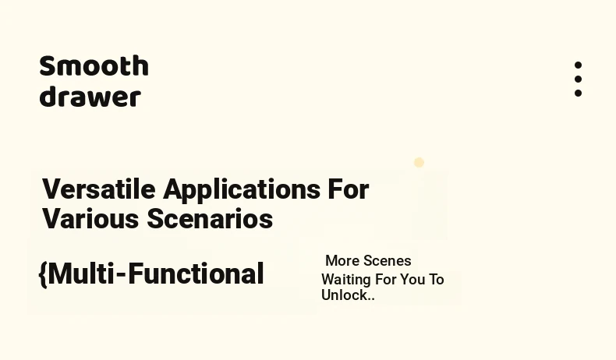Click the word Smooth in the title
(94, 65)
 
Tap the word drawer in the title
(90, 96)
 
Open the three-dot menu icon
(578, 79)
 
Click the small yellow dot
(419, 163)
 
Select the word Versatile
(98, 189)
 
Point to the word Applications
(242, 190)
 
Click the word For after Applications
(349, 189)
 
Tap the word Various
(90, 219)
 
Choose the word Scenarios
(210, 219)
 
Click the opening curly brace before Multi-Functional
(43, 274)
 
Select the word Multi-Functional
(156, 274)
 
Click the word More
(342, 261)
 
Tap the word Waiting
(346, 281)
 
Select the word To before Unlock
(436, 280)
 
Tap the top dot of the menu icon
(578, 65)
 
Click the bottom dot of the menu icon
(578, 93)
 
